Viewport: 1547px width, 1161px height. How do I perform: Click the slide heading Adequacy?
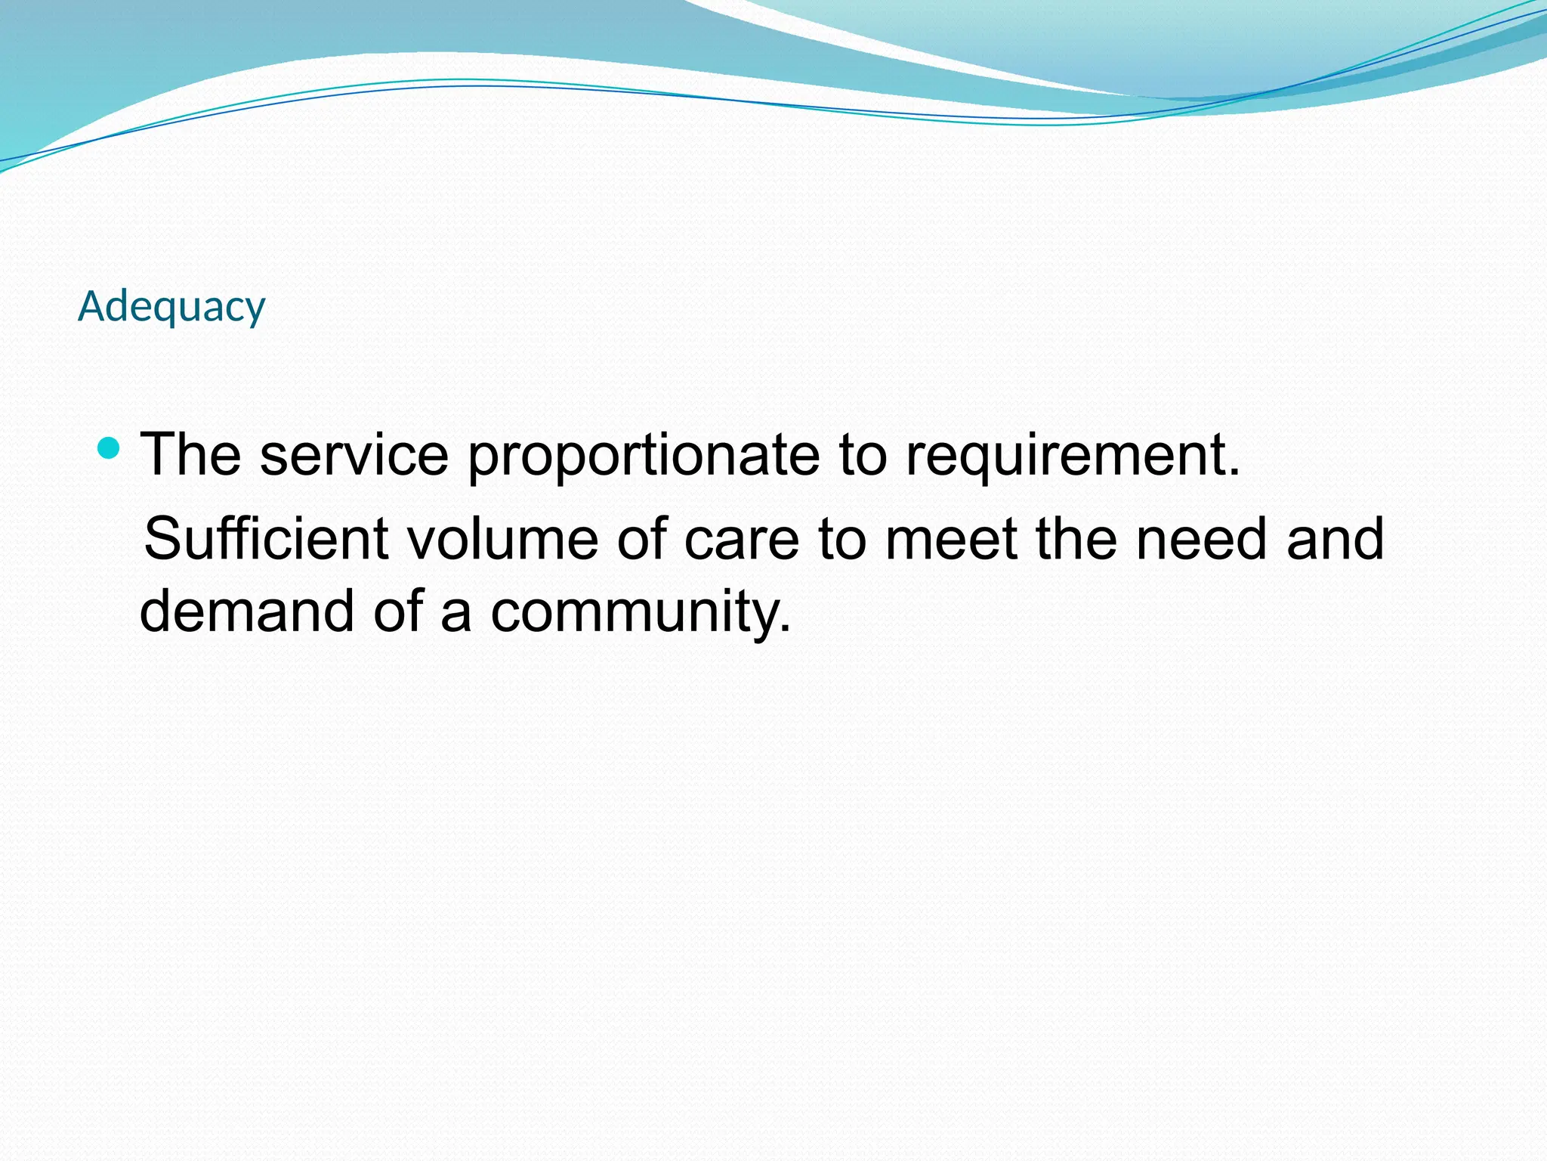tap(171, 307)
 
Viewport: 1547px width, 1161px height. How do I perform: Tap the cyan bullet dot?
tap(110, 448)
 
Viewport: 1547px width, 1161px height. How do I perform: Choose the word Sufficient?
tap(266, 538)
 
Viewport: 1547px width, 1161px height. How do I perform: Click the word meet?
tap(950, 538)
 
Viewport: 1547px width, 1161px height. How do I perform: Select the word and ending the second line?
tap(1335, 538)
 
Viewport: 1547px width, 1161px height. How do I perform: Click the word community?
tap(641, 612)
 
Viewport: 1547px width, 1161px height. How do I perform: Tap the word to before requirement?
tap(862, 456)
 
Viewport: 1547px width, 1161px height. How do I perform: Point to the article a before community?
tap(456, 612)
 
